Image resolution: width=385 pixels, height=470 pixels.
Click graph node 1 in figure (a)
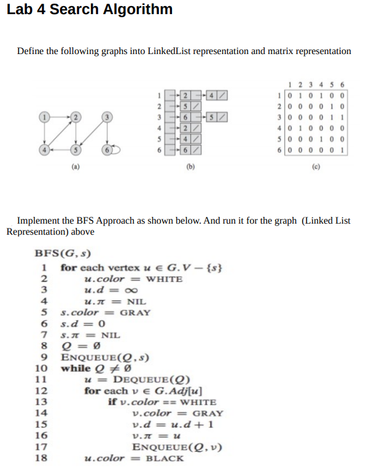coord(44,116)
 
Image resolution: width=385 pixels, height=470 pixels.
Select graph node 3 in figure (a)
coord(106,116)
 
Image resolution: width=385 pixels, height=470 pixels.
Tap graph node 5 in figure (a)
coord(76,149)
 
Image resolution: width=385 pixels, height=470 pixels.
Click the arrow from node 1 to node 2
coord(60,116)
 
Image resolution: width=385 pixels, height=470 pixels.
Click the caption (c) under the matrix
coord(314,165)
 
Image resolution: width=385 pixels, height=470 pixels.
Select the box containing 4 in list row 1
coord(212,95)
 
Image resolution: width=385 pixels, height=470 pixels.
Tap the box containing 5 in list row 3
coord(212,116)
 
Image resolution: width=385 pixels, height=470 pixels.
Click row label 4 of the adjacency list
coord(158,127)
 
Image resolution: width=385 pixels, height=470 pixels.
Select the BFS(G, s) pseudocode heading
coord(64,253)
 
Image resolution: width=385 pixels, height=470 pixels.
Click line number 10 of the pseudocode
coord(41,368)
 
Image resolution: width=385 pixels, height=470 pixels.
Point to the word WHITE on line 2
coord(164,278)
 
